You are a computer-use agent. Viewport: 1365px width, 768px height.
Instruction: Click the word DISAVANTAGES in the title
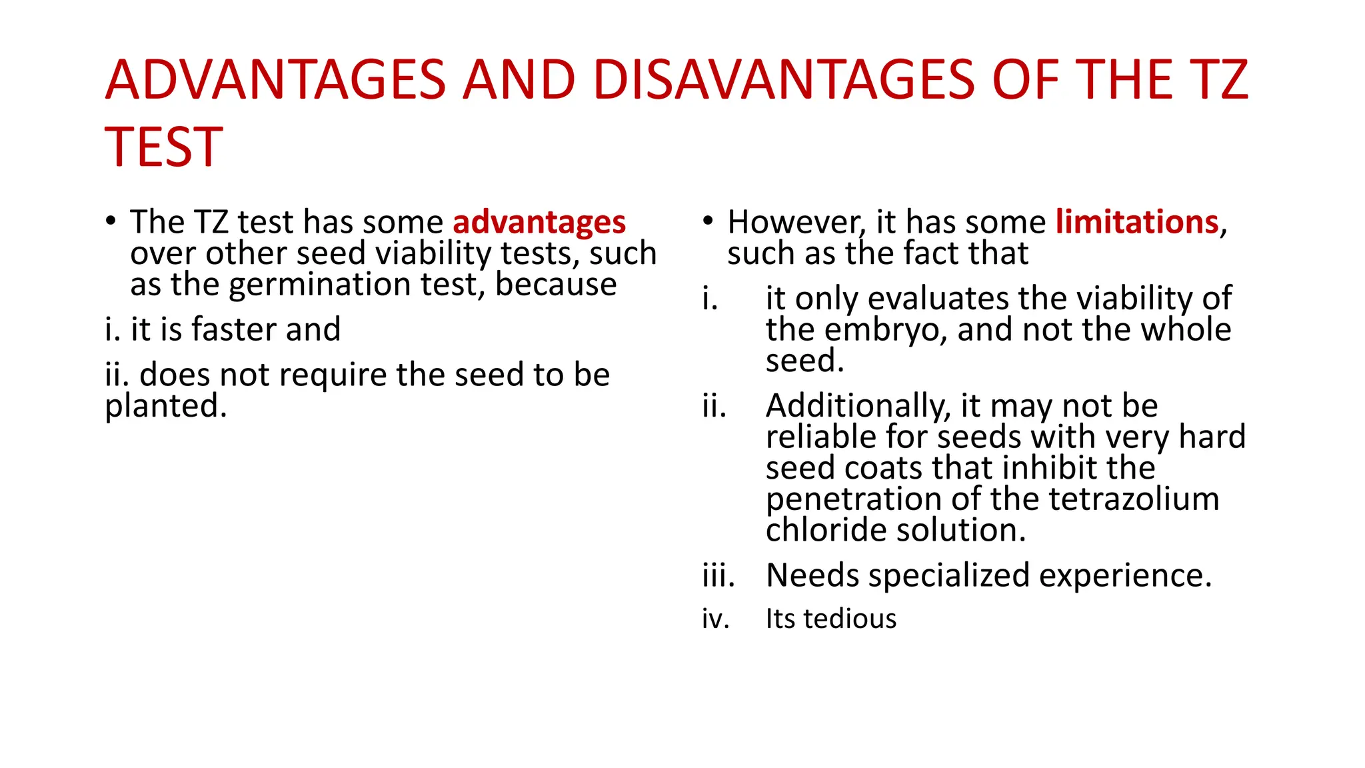784,80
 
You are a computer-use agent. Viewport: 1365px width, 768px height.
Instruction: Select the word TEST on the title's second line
164,147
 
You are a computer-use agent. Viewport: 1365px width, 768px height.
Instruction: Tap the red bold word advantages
539,222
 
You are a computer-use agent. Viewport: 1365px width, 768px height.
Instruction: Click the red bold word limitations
1137,222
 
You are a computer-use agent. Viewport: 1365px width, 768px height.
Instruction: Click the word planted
165,406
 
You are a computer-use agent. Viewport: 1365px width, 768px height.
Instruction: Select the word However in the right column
796,223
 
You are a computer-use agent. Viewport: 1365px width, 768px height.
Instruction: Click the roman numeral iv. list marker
715,619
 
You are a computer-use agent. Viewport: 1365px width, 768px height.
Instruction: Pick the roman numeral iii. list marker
718,575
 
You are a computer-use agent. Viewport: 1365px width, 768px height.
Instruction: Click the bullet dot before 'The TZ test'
111,221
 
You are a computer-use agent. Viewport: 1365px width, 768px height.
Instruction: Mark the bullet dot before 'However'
708,221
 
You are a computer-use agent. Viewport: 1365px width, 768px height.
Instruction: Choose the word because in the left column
555,285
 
